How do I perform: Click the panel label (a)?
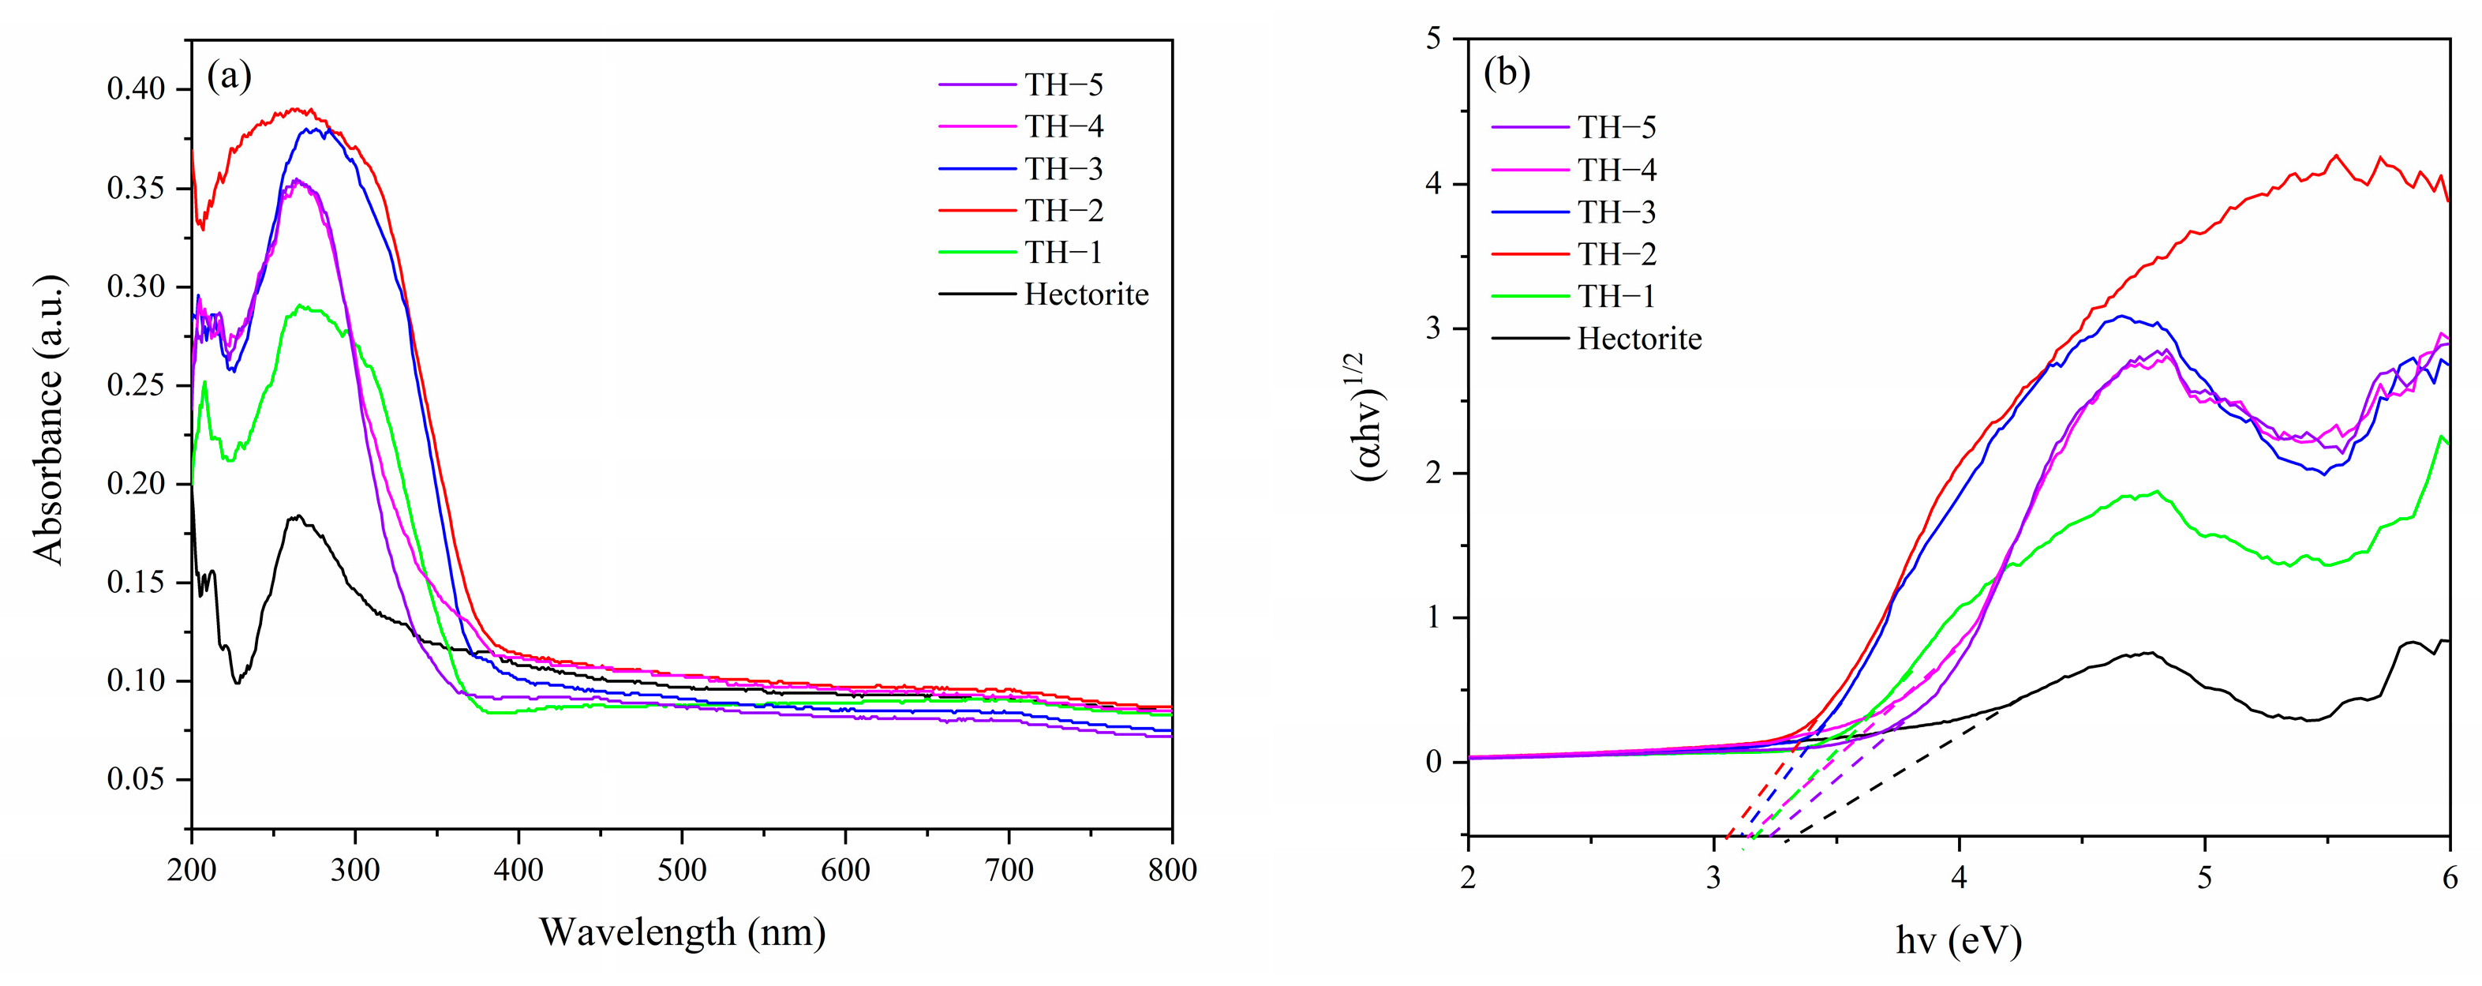pyautogui.click(x=230, y=76)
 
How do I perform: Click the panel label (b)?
pyautogui.click(x=1507, y=73)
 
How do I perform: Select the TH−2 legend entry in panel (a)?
pyautogui.click(x=1064, y=210)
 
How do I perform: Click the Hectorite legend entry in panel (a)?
pyautogui.click(x=1086, y=294)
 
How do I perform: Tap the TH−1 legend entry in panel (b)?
pyautogui.click(x=1615, y=296)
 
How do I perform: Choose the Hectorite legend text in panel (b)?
pyautogui.click(x=1639, y=339)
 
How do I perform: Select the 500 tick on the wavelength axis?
pyautogui.click(x=681, y=870)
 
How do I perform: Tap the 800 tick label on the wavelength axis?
pyautogui.click(x=1172, y=870)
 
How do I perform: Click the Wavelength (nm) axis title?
pyautogui.click(x=681, y=932)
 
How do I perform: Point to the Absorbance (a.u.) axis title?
pyautogui.click(x=48, y=419)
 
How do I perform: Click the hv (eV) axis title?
pyautogui.click(x=1958, y=939)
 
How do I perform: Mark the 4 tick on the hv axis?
pyautogui.click(x=1958, y=879)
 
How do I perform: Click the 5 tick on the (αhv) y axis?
pyautogui.click(x=1434, y=39)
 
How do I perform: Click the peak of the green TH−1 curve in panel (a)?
pyautogui.click(x=301, y=306)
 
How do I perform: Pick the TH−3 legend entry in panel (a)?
pyautogui.click(x=1064, y=169)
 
